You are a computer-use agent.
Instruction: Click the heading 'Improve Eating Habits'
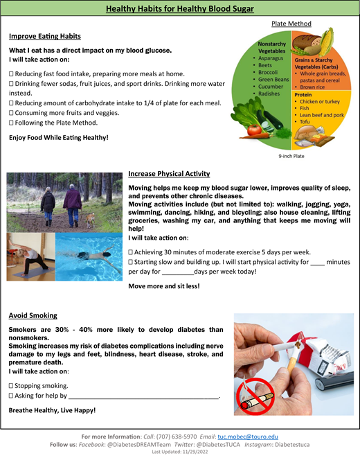click(45, 36)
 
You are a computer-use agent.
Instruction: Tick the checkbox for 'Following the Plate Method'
click(11, 123)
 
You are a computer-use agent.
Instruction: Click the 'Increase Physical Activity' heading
click(169, 174)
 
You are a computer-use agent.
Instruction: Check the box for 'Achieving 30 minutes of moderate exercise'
click(132, 252)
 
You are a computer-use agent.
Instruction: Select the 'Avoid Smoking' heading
click(33, 315)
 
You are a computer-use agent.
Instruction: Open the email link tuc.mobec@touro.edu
click(249, 437)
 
